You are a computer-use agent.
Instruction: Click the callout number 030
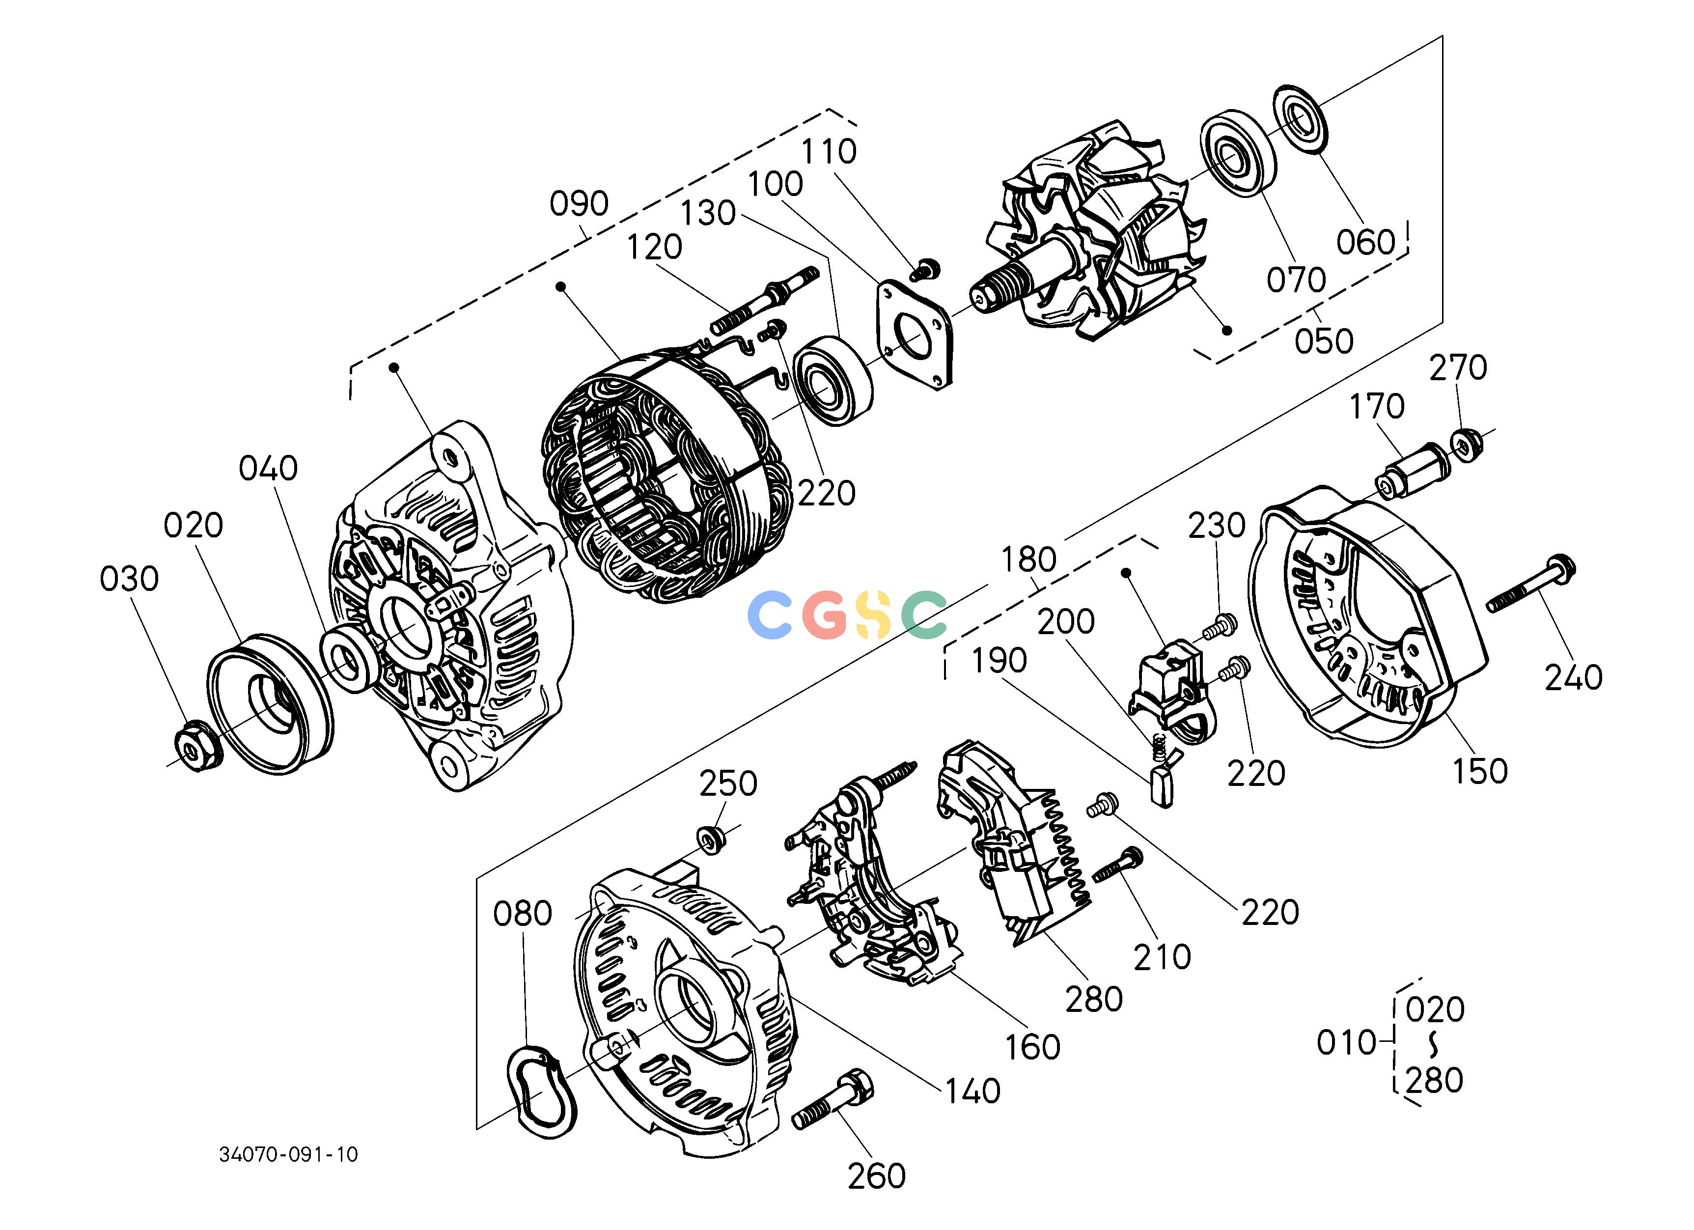pos(129,579)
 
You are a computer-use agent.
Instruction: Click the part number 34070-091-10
pos(288,1154)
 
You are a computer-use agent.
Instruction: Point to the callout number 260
pos(876,1176)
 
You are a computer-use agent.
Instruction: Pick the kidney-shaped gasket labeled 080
pos(542,1092)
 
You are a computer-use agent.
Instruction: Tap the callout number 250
pos(728,784)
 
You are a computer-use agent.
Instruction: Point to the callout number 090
pos(579,203)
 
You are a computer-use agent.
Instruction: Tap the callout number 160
pos(1033,1047)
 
